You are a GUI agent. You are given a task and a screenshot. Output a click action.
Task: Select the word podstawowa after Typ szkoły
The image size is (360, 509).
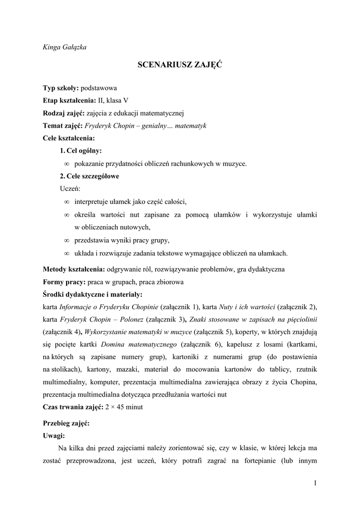pyautogui.click(x=99, y=88)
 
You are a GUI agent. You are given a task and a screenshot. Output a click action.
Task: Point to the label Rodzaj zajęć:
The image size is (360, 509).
pyautogui.click(x=64, y=113)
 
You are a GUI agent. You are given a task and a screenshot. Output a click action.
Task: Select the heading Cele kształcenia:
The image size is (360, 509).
pyautogui.click(x=69, y=138)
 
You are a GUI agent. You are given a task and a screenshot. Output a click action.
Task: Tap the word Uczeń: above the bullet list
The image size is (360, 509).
pyautogui.click(x=70, y=188)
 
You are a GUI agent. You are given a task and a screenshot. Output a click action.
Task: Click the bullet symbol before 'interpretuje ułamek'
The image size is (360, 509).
pyautogui.click(x=67, y=202)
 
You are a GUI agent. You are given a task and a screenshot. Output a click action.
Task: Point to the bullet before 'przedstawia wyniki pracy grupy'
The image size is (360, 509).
pyautogui.click(x=67, y=241)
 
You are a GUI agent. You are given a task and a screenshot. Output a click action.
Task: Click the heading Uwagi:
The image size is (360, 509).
pyautogui.click(x=54, y=436)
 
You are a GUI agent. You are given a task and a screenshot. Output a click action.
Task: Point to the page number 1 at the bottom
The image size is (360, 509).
pyautogui.click(x=315, y=482)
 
